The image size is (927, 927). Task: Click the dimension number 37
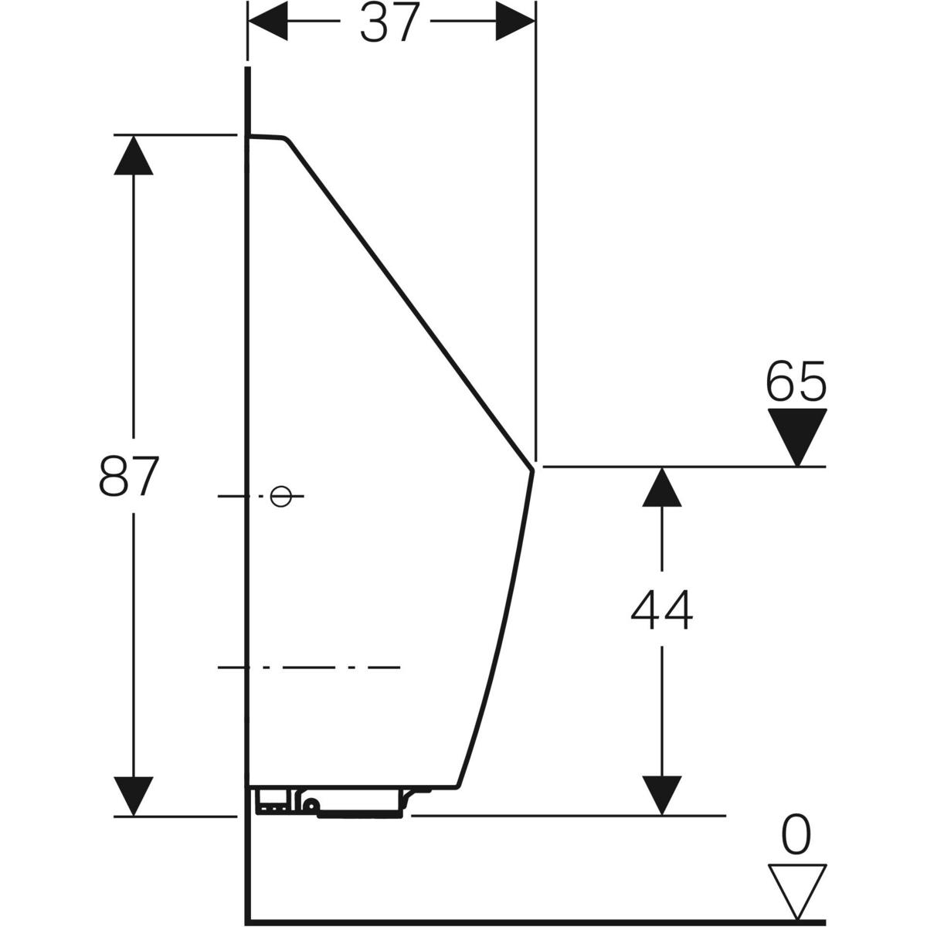coord(389,22)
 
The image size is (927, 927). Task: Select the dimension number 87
coord(128,476)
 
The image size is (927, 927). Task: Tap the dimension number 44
coord(661,610)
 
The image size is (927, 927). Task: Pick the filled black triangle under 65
coord(797,436)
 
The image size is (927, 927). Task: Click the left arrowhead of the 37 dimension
coord(267,21)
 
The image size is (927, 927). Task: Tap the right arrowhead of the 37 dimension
coord(515,21)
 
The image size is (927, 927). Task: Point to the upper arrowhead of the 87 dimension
coord(134,155)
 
